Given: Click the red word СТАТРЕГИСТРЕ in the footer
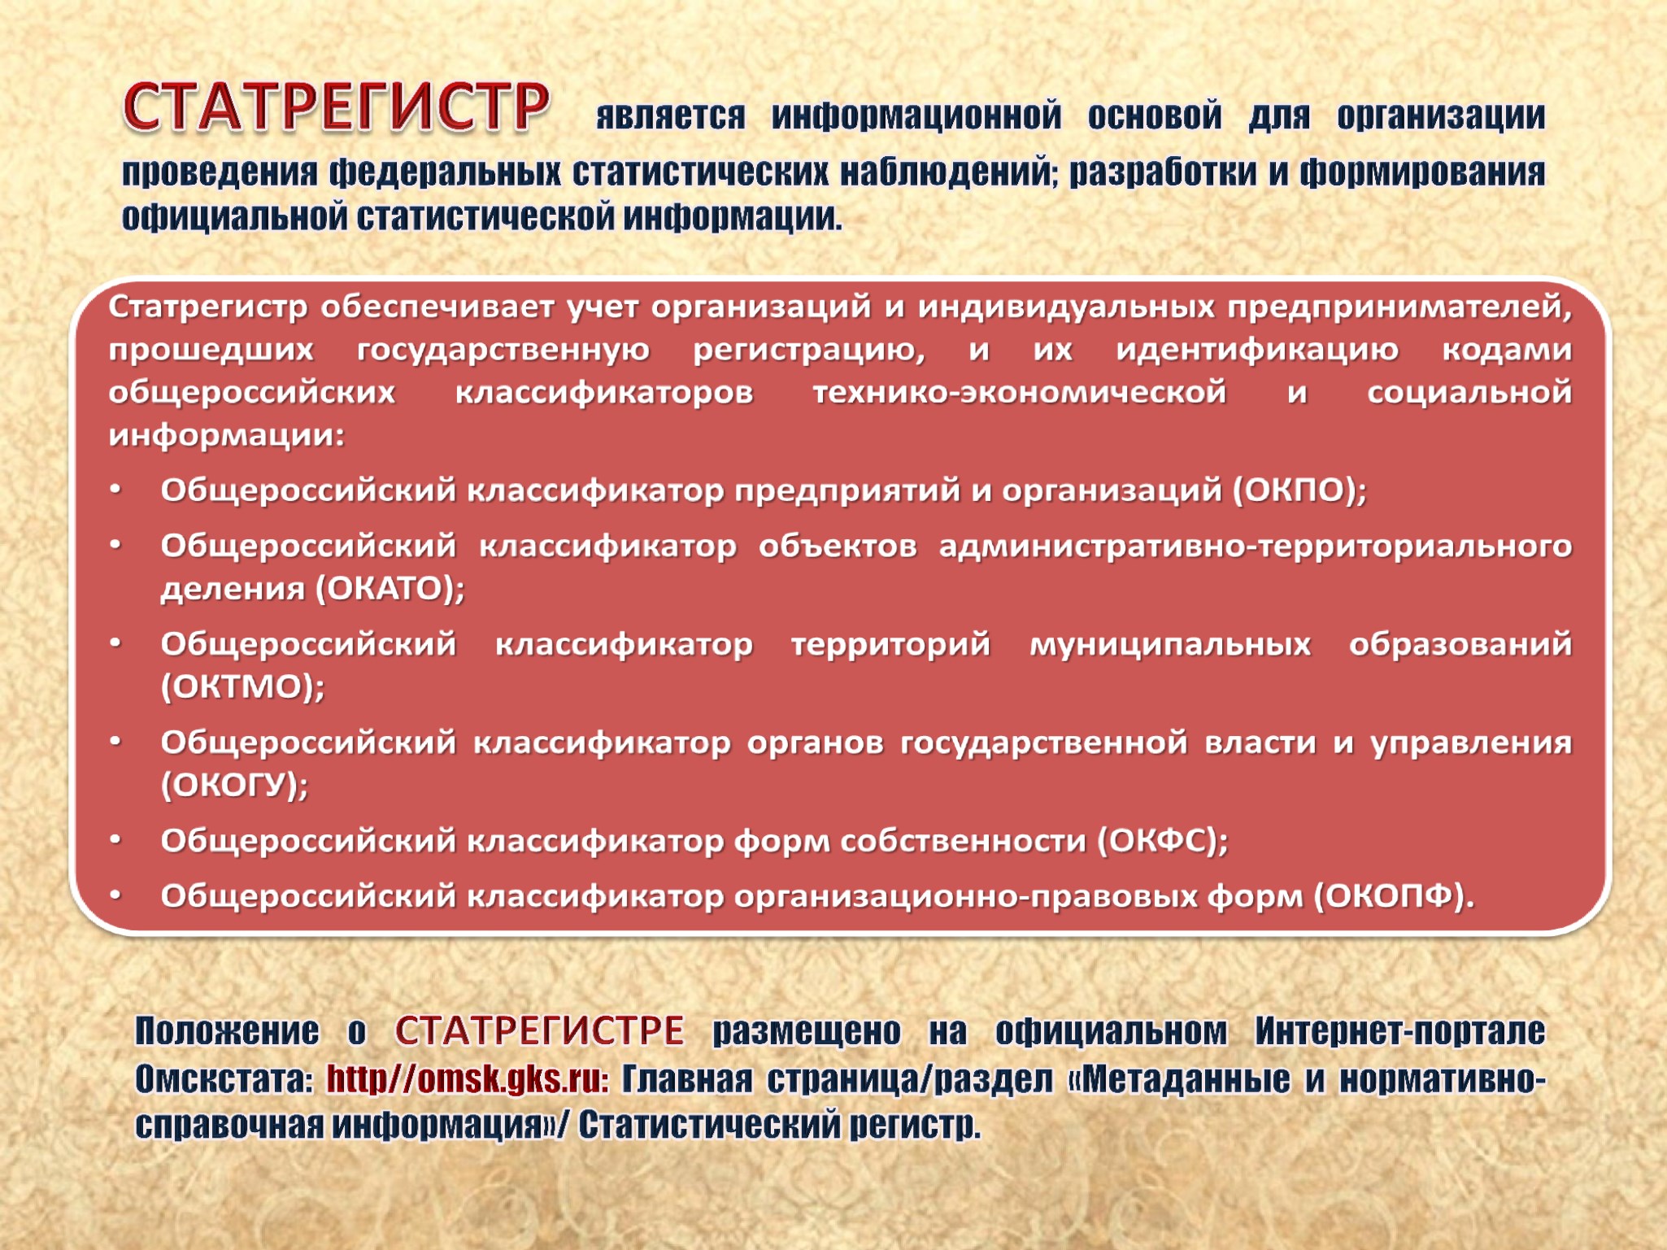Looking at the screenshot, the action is pos(540,1030).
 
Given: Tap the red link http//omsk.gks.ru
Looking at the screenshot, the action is pos(468,1079).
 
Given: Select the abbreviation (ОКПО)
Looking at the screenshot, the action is pos(1299,490).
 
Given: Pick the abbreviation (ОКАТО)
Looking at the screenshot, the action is pos(389,589).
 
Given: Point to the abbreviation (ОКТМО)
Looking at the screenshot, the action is pos(242,687).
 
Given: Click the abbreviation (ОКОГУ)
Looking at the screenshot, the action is pos(234,786).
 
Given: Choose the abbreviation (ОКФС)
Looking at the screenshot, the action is pos(1162,841).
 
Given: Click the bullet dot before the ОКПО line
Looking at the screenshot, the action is pos(116,489).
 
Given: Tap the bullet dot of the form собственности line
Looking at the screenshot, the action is pos(116,839).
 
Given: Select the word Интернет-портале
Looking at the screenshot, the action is pos(1399,1030).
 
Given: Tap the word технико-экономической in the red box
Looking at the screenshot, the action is pos(1020,393).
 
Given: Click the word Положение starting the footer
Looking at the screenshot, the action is pos(227,1030).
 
